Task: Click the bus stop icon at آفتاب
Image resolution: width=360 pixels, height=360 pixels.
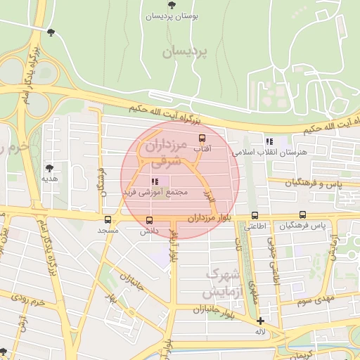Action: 202,138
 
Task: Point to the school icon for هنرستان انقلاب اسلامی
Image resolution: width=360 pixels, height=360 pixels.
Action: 269,141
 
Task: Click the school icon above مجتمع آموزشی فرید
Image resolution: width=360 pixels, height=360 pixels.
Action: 145,181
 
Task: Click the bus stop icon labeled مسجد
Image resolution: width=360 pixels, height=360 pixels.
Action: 108,219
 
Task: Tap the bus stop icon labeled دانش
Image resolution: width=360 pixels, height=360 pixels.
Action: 148,219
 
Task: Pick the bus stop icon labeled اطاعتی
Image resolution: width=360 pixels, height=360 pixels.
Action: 254,216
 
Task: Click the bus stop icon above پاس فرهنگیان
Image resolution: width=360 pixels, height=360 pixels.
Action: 302,215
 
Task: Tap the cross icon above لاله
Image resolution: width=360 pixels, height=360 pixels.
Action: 260,321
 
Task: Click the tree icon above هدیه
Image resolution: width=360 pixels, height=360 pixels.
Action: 49,168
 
